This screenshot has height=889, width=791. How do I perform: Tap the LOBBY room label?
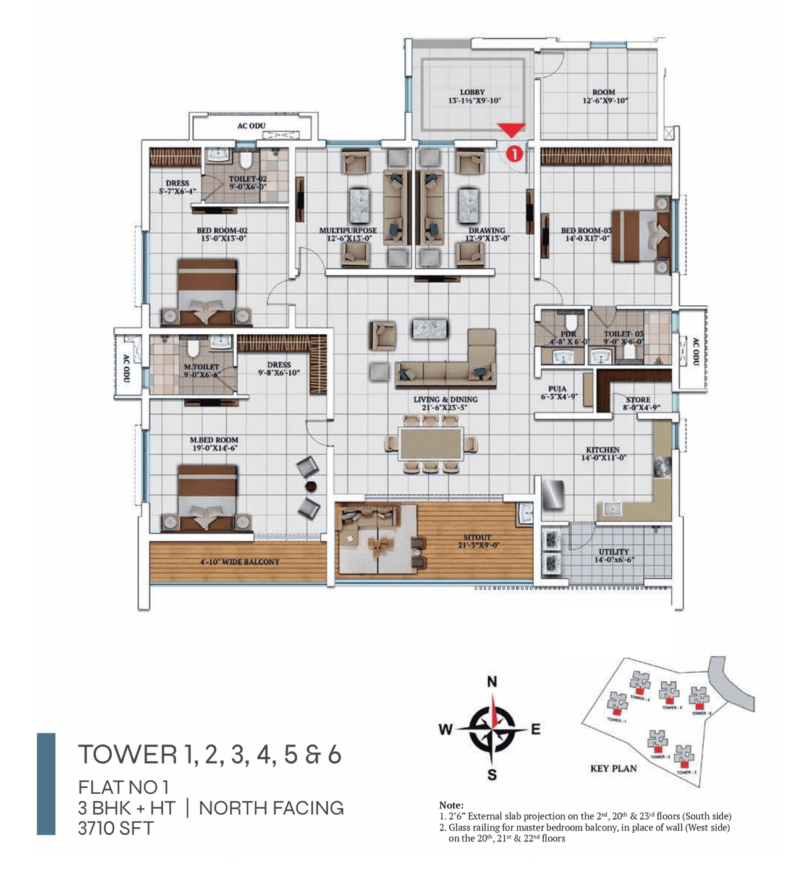(473, 92)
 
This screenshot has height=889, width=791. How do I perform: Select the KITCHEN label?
(603, 450)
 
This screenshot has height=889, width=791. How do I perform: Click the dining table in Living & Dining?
(431, 444)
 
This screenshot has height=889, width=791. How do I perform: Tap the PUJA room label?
(557, 389)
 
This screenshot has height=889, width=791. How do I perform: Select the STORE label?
(638, 400)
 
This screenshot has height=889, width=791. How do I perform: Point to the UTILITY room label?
(614, 552)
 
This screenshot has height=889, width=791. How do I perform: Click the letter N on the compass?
(492, 682)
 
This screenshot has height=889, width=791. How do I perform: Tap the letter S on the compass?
(492, 775)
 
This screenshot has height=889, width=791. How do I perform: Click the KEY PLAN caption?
(613, 769)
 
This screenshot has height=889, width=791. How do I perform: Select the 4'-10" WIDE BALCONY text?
(240, 562)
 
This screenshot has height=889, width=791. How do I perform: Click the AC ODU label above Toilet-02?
(251, 126)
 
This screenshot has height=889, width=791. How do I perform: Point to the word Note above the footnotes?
(451, 805)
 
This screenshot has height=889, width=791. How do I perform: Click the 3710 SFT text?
(116, 828)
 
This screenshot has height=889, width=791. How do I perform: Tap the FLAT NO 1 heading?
(123, 787)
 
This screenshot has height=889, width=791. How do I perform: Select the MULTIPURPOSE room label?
(348, 230)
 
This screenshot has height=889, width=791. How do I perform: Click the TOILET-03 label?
(624, 334)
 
